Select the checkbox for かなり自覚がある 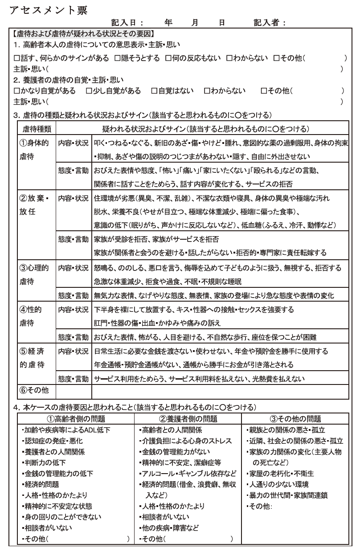point(17,91)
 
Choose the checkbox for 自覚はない point(154,91)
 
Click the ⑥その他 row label point(34,391)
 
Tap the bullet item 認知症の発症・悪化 point(53,441)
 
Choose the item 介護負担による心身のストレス point(186,441)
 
